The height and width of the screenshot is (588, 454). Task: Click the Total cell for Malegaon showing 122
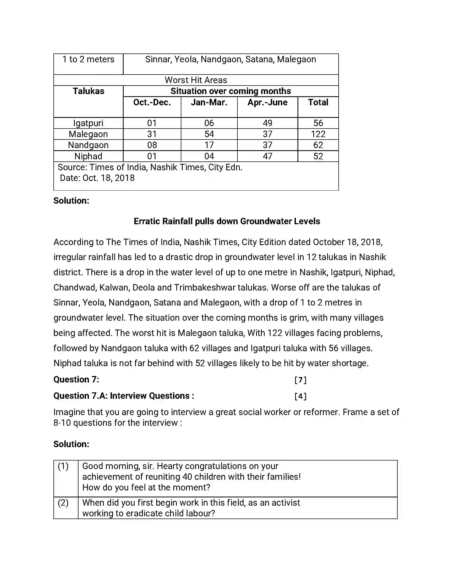pyautogui.click(x=318, y=134)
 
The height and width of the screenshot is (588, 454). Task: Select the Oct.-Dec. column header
pyautogui.click(x=152, y=103)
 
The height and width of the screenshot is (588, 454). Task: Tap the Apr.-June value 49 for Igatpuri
pyautogui.click(x=267, y=123)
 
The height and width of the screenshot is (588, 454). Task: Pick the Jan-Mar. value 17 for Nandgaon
pyautogui.click(x=209, y=145)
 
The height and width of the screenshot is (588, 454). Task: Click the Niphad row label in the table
pyautogui.click(x=88, y=156)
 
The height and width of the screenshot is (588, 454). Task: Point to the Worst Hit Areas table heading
pyautogui.click(x=196, y=80)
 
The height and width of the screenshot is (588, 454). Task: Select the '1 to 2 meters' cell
pyautogui.click(x=88, y=60)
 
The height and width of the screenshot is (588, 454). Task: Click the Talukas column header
pyautogui.click(x=88, y=91)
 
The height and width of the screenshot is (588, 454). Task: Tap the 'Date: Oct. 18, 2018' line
pyautogui.click(x=97, y=178)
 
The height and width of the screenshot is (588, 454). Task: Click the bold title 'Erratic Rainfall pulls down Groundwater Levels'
pyautogui.click(x=227, y=221)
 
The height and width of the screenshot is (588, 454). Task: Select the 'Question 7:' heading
pyautogui.click(x=76, y=380)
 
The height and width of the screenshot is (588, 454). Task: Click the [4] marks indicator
pyautogui.click(x=300, y=396)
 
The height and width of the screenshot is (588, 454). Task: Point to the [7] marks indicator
pyautogui.click(x=300, y=380)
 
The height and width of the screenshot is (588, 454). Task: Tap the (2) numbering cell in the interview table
pyautogui.click(x=63, y=503)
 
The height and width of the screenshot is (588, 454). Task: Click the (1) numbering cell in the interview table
pyautogui.click(x=63, y=466)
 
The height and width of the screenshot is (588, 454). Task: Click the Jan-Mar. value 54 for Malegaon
pyautogui.click(x=209, y=134)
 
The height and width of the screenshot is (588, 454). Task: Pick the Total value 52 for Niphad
pyautogui.click(x=318, y=156)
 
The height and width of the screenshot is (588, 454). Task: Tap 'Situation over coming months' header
pyautogui.click(x=230, y=91)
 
